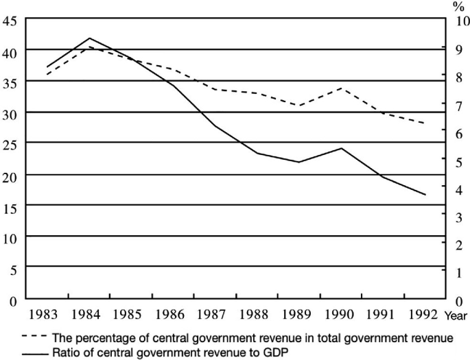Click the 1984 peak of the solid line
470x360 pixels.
pyautogui.click(x=90, y=38)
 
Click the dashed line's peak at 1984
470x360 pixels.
pyautogui.click(x=90, y=47)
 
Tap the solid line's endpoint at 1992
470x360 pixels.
pyautogui.click(x=425, y=195)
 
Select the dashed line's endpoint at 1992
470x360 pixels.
pyautogui.click(x=425, y=123)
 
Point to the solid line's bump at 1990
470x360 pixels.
pyautogui.click(x=342, y=148)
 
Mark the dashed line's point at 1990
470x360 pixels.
pyautogui.click(x=342, y=88)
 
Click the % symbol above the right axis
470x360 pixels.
pyautogui.click(x=457, y=5)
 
